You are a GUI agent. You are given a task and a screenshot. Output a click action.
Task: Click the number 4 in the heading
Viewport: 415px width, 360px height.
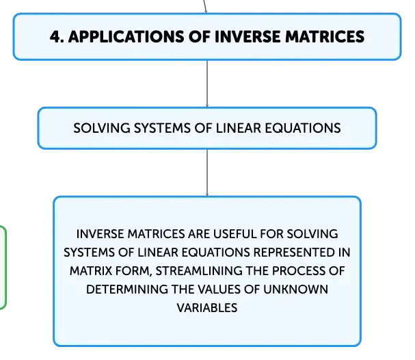[55, 36]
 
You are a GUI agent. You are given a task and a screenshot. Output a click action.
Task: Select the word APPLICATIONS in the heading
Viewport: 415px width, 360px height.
[126, 36]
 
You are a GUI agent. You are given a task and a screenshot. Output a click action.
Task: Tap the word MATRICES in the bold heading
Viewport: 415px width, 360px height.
[325, 36]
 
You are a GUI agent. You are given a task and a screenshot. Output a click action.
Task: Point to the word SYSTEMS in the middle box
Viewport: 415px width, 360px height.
[162, 128]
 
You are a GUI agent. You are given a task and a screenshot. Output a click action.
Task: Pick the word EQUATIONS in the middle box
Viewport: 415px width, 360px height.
[303, 128]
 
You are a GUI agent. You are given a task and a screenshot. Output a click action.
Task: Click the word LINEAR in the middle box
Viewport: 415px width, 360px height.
[239, 128]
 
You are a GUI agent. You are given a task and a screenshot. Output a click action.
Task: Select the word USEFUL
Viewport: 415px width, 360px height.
[235, 234]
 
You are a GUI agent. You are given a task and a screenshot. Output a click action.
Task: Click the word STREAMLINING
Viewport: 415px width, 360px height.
[199, 271]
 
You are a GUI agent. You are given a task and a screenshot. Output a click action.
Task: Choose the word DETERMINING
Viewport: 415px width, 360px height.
[127, 290]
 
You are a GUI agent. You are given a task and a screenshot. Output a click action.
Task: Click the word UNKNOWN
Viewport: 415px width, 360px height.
[295, 290]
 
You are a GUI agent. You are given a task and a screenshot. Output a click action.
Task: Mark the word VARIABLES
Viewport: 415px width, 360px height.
[207, 308]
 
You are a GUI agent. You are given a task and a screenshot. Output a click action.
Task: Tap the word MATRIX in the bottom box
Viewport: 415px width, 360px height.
[91, 271]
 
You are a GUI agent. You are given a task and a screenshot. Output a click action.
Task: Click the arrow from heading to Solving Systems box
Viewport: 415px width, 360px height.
[207, 83]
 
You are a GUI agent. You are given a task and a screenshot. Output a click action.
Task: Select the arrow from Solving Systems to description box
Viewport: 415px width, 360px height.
[207, 172]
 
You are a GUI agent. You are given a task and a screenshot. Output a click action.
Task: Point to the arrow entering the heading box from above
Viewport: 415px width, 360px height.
[205, 6]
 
